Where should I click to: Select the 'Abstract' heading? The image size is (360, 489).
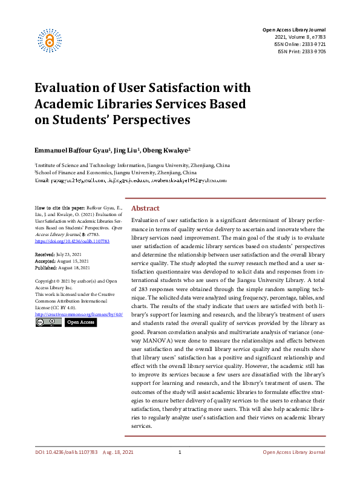(145, 208)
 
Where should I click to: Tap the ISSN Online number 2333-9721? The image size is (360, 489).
(313, 44)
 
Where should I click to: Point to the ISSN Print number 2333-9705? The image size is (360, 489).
(313, 51)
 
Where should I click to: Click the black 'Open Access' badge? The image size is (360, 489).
(80, 323)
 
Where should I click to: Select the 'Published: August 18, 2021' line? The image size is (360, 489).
(63, 267)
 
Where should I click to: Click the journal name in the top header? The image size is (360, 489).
(293, 30)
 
